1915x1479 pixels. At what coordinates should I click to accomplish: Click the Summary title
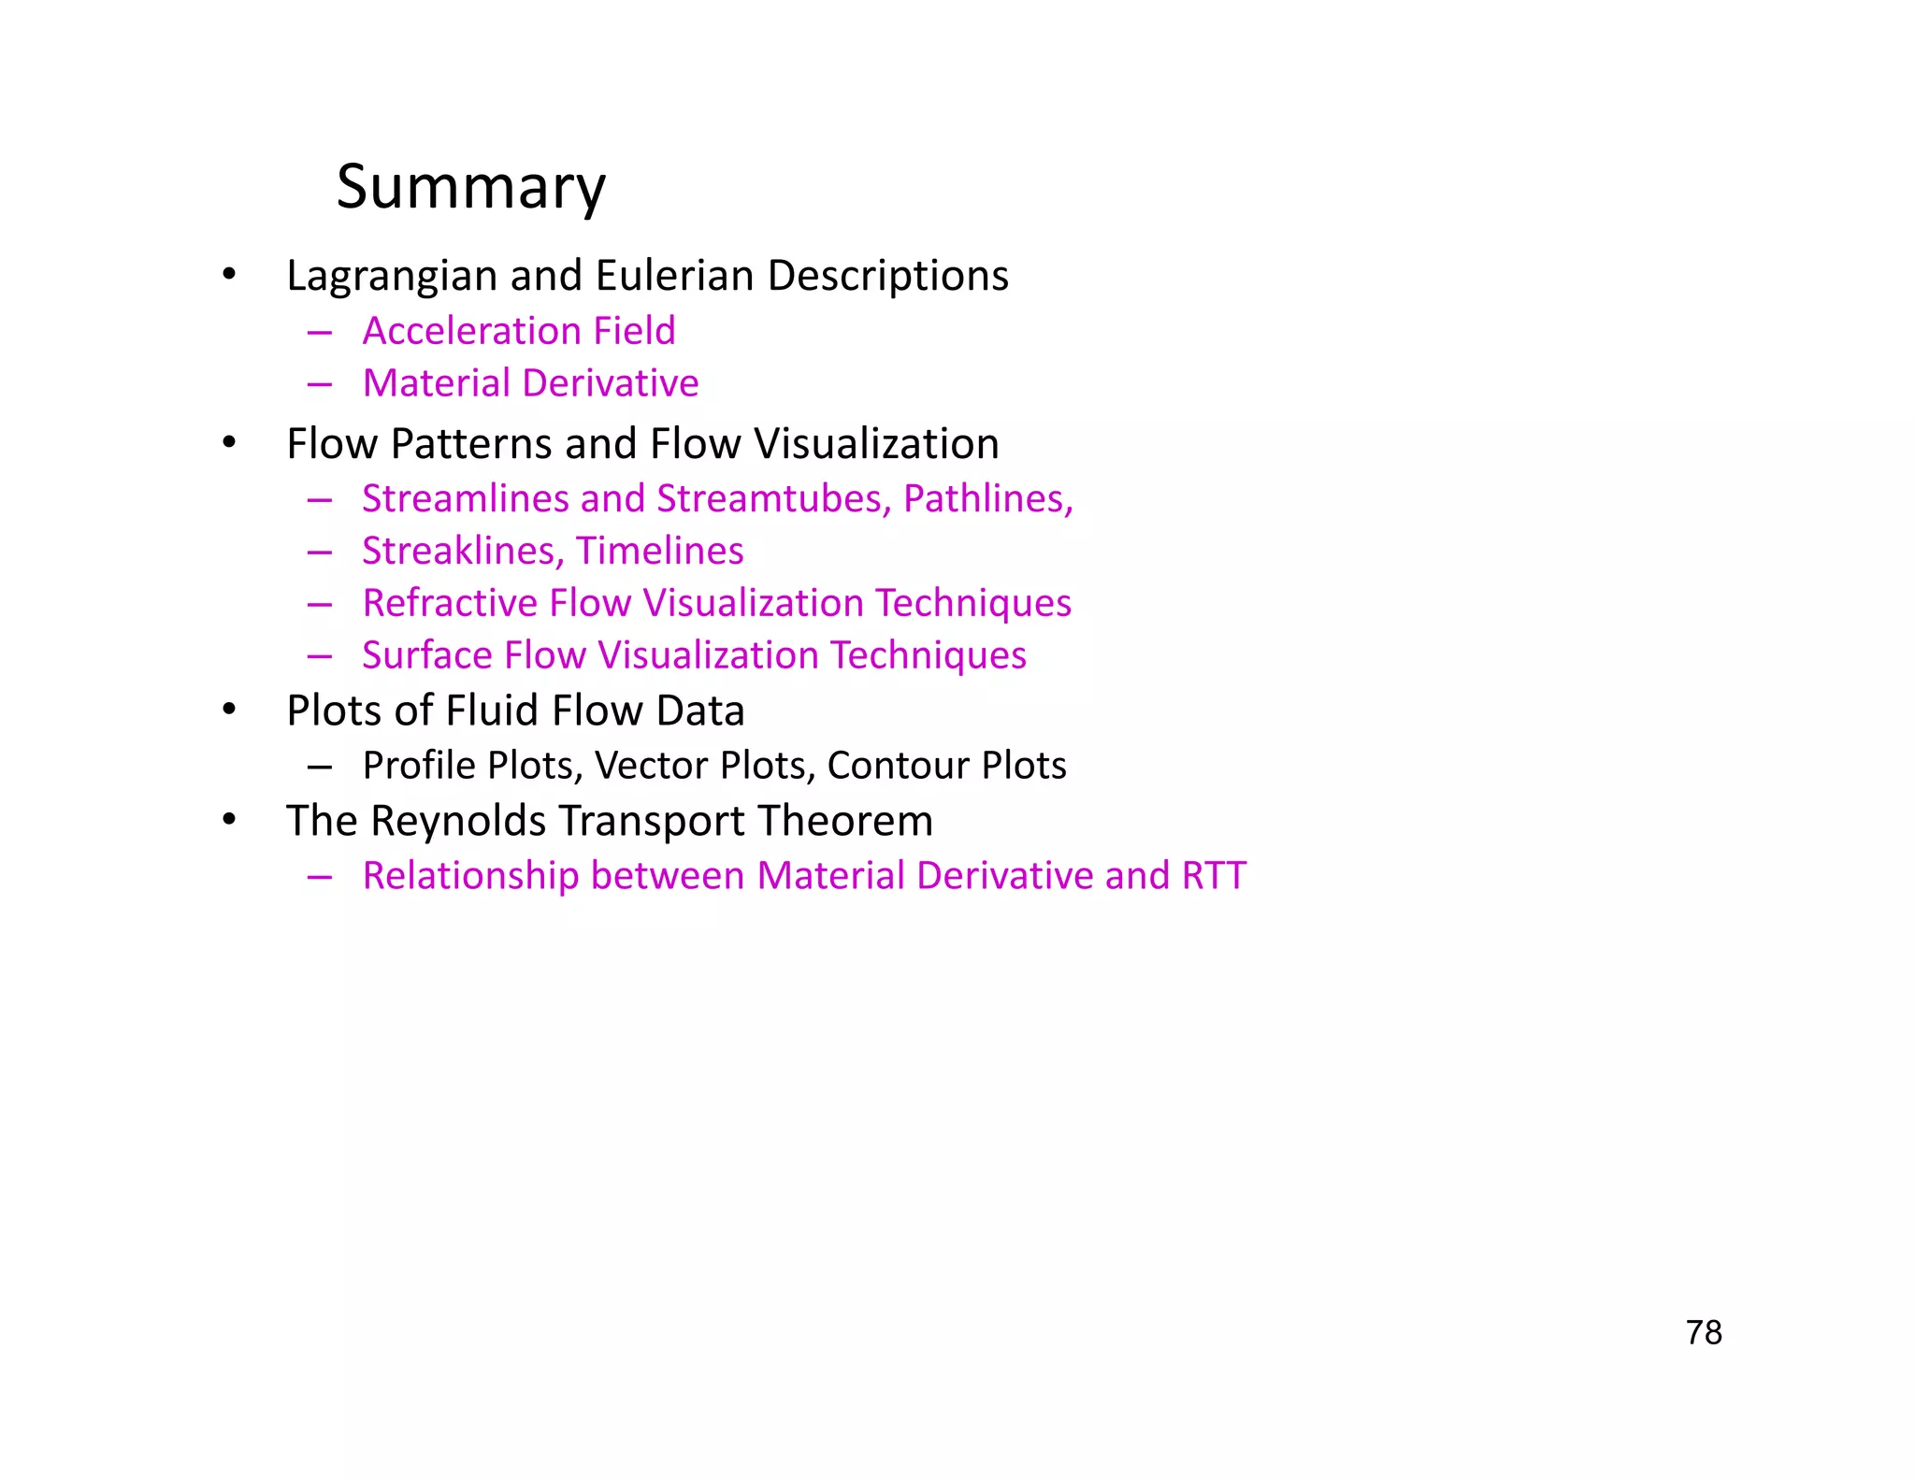click(x=470, y=187)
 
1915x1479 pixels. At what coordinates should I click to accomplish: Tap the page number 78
click(x=1704, y=1332)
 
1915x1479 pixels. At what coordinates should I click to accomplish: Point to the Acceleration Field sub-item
click(x=519, y=331)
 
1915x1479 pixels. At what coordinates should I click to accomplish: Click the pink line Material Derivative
click(x=530, y=383)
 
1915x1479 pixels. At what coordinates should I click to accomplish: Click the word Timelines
click(x=659, y=552)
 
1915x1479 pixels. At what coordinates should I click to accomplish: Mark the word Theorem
click(x=845, y=821)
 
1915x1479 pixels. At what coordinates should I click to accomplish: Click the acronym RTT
click(x=1214, y=876)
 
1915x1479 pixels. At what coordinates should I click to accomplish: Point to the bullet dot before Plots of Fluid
click(x=229, y=711)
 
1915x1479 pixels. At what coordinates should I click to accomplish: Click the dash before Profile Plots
click(x=320, y=768)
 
